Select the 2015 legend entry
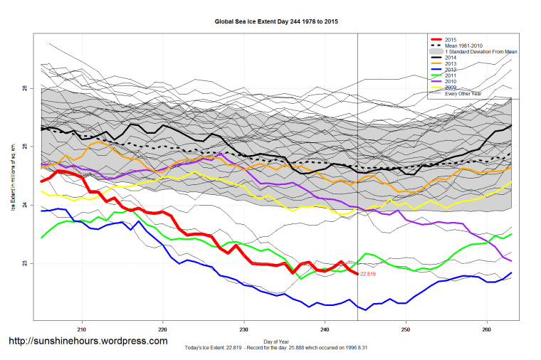click(x=450, y=40)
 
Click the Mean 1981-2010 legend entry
click(x=463, y=46)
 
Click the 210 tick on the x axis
click(x=82, y=329)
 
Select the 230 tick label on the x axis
click(x=244, y=329)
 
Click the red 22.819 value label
click(x=368, y=274)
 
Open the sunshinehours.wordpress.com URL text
click(x=88, y=341)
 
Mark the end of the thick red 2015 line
click(x=357, y=274)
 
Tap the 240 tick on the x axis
click(x=325, y=329)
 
